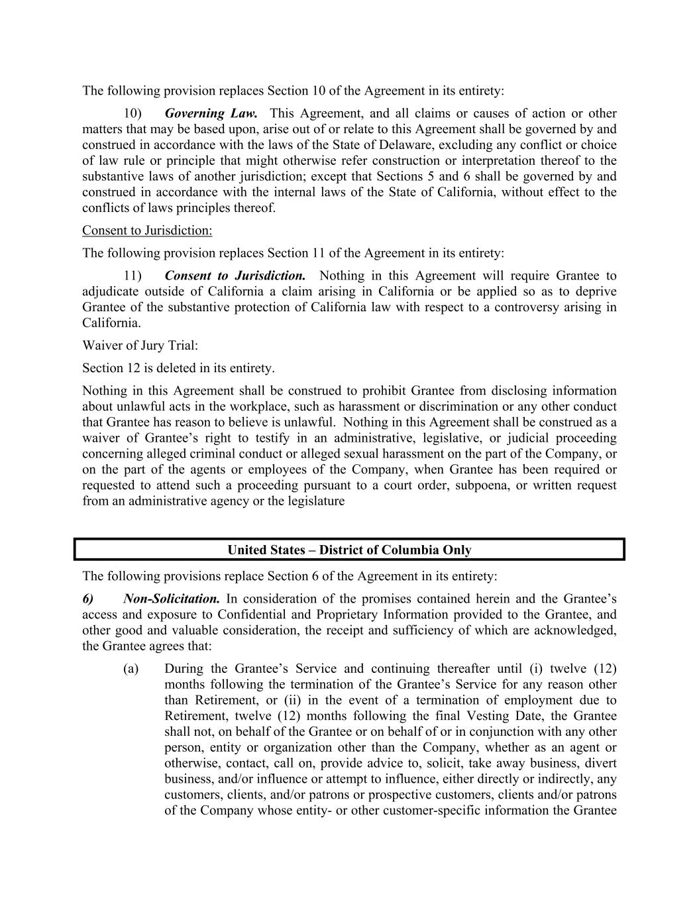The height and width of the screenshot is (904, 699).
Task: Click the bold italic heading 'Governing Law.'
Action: [211, 113]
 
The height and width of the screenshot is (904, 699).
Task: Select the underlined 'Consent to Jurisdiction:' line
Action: [147, 230]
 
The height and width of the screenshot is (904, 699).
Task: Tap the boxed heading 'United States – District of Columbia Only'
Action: [349, 550]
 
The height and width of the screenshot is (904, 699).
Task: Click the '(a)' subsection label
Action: [131, 669]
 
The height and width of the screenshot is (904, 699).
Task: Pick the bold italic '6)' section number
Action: [88, 599]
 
